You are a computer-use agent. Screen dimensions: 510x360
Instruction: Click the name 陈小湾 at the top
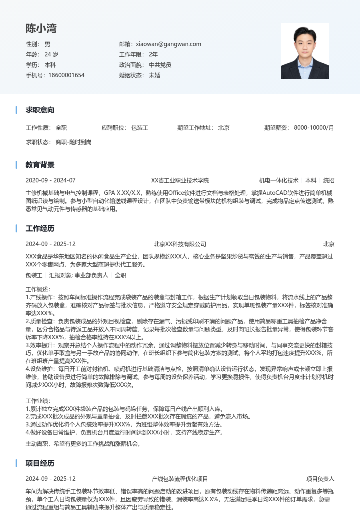click(x=41, y=28)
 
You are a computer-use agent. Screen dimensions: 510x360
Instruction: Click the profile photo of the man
click(x=304, y=51)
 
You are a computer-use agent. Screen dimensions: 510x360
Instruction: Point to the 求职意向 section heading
click(x=40, y=110)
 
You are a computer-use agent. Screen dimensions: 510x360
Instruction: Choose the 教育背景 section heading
click(x=40, y=165)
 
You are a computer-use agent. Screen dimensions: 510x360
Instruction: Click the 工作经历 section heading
click(x=40, y=228)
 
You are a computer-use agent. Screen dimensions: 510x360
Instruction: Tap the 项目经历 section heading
click(x=40, y=463)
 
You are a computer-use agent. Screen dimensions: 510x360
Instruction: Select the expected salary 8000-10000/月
click(x=314, y=128)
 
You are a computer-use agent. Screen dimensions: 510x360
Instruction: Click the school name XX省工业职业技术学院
click(x=180, y=180)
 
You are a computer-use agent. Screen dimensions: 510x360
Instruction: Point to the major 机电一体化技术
click(x=278, y=180)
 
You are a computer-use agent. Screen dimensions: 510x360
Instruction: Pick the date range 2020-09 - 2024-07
click(x=50, y=180)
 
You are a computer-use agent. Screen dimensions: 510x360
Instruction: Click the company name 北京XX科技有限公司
click(x=180, y=244)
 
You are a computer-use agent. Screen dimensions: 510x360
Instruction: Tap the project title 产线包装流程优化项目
click(x=180, y=479)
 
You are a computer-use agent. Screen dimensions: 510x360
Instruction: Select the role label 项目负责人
click(x=320, y=479)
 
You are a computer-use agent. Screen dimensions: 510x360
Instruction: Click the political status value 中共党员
click(x=160, y=65)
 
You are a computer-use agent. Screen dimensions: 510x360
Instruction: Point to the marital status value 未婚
click(x=154, y=75)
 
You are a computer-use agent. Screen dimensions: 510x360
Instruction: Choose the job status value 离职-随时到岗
click(x=74, y=142)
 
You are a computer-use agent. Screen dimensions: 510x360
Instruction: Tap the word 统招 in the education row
click(x=329, y=180)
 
